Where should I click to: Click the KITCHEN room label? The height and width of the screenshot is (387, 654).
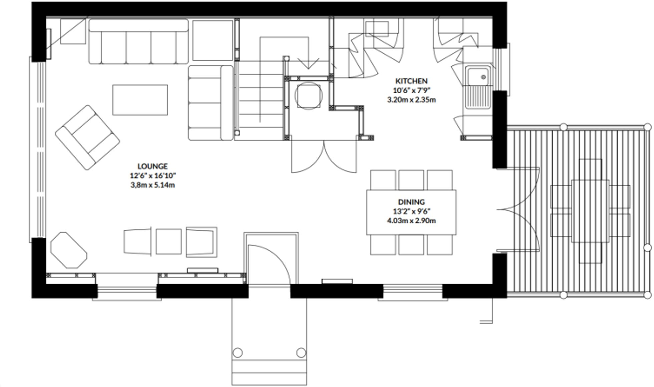pyautogui.click(x=411, y=81)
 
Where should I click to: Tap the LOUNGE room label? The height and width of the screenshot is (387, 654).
pyautogui.click(x=152, y=166)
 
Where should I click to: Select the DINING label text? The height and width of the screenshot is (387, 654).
pyautogui.click(x=411, y=202)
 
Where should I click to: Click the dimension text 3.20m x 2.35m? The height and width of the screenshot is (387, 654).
pyautogui.click(x=411, y=100)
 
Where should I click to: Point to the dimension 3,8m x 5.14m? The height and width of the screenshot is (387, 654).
pyautogui.click(x=152, y=185)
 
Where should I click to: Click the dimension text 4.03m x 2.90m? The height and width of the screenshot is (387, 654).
pyautogui.click(x=411, y=221)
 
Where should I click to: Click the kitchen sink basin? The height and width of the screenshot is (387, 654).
pyautogui.click(x=477, y=76)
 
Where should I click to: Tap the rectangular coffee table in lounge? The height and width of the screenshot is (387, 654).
pyautogui.click(x=140, y=100)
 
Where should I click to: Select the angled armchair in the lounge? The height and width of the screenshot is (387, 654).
pyautogui.click(x=87, y=137)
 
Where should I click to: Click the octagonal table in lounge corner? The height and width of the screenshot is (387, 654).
pyautogui.click(x=69, y=250)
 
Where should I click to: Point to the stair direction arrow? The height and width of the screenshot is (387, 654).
pyautogui.click(x=308, y=63)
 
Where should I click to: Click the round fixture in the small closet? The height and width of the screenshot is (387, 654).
pyautogui.click(x=308, y=96)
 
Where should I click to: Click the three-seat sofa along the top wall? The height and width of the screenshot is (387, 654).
pyautogui.click(x=138, y=42)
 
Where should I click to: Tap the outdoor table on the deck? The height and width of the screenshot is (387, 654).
pyautogui.click(x=590, y=211)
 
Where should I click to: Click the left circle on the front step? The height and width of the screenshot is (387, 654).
pyautogui.click(x=238, y=353)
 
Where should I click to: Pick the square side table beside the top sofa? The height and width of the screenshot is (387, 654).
pyautogui.click(x=213, y=40)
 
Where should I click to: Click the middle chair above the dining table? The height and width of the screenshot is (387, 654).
pyautogui.click(x=411, y=180)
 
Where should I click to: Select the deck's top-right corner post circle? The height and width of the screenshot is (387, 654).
pyautogui.click(x=647, y=127)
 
